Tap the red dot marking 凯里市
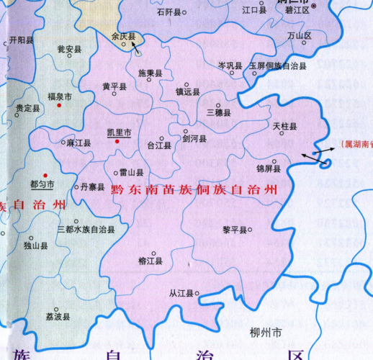coord(118,143)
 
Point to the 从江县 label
coord(182,294)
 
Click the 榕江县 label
coord(151,270)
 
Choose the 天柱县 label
coord(284,126)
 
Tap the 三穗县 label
coord(218,113)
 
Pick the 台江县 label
coord(159,145)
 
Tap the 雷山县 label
coord(130,173)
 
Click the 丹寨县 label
coord(93,186)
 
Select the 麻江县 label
coord(78,143)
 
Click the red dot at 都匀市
coord(45,175)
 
